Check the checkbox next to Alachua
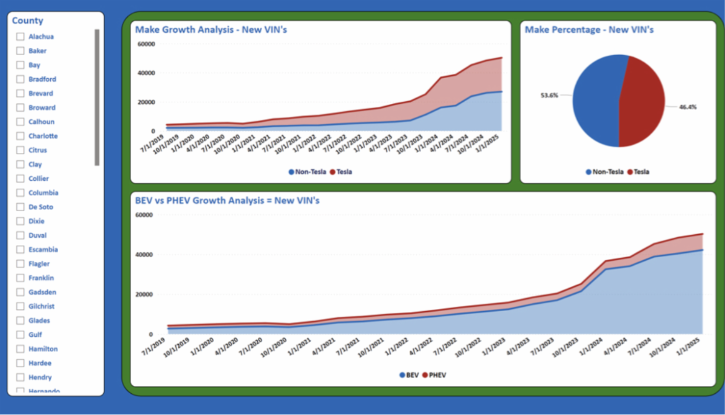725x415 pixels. [20, 37]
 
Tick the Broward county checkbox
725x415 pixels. [20, 108]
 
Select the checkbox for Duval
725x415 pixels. [20, 235]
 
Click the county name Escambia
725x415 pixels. [43, 250]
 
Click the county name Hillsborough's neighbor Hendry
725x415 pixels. [40, 377]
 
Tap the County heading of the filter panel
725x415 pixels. [28, 21]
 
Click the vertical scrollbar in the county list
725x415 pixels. [97, 97]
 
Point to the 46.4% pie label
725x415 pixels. [688, 107]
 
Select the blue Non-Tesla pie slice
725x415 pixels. [595, 100]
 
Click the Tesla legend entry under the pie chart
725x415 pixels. [639, 172]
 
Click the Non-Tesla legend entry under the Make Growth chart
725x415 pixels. [308, 172]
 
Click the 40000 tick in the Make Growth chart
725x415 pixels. [146, 73]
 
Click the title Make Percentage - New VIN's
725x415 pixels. [589, 29]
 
